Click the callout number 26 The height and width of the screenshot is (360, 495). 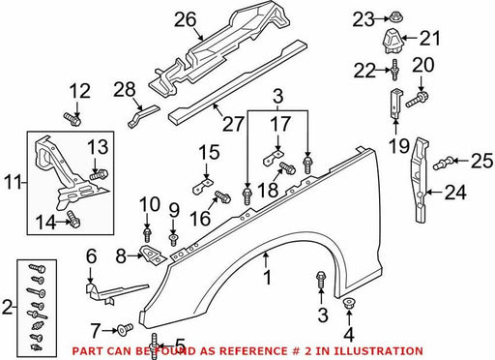pos(186,19)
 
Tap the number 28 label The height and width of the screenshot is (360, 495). pos(125,89)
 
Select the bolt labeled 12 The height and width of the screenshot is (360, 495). pos(72,119)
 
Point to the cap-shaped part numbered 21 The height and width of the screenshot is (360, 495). pos(392,42)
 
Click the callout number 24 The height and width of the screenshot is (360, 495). pos(455,193)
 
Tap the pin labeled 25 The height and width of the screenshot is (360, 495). pos(443,162)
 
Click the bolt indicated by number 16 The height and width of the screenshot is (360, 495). pos(222,196)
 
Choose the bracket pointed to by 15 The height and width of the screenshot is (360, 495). pos(203,186)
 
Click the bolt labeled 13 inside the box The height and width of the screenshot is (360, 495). pos(99,175)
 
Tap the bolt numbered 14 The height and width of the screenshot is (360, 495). pos(73,219)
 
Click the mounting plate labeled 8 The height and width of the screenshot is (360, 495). pos(153,255)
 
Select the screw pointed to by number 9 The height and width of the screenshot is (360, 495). pos(173,240)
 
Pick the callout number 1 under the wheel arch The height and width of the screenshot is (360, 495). pos(267,278)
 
